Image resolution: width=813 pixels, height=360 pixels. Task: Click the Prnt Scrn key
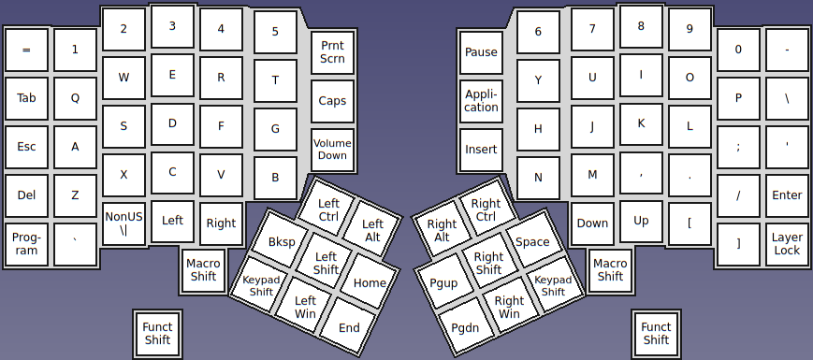coord(332,51)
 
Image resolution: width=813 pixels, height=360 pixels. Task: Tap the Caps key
coord(332,101)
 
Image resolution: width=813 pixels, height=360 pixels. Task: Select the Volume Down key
coord(332,150)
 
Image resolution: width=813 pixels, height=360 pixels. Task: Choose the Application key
coord(482,100)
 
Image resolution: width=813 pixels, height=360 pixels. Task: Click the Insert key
coord(482,150)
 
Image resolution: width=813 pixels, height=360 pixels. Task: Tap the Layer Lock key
coord(787,244)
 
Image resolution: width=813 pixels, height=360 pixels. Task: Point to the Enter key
coord(787,195)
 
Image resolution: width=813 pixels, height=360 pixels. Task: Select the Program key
coord(26,244)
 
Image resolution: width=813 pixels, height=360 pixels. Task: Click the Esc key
coord(26,147)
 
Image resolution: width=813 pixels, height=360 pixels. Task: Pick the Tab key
coord(26,98)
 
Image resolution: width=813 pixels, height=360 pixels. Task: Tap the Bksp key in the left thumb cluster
coord(282,242)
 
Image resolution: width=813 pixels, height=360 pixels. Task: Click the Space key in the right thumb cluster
coord(532,242)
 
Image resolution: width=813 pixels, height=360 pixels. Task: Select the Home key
coord(370,283)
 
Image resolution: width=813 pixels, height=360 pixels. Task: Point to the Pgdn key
coord(465,327)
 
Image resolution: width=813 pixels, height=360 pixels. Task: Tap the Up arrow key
coord(641,222)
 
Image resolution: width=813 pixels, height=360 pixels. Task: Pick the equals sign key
coord(26,50)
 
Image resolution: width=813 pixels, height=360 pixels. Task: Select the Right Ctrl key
coord(486,210)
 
